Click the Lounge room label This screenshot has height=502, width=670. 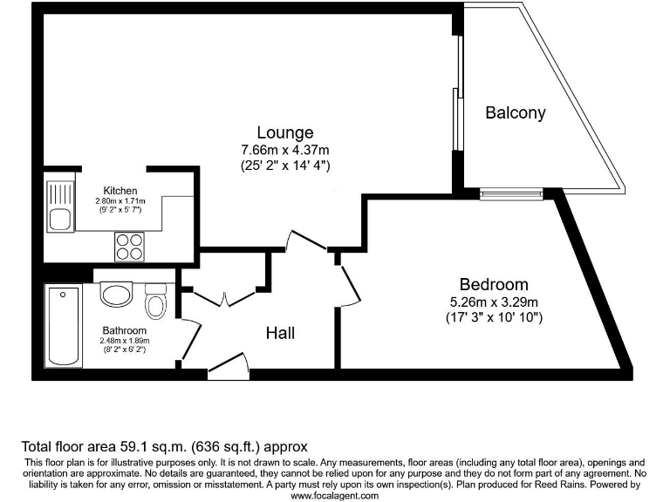(x=285, y=132)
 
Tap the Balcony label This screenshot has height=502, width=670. (x=516, y=112)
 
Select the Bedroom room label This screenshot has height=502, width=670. (x=494, y=284)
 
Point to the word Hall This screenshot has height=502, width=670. (x=280, y=333)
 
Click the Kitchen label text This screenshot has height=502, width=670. (x=120, y=191)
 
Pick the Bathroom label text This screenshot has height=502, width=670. (x=124, y=330)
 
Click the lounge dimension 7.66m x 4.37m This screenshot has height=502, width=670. (x=285, y=149)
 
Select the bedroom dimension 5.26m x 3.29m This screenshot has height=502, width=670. (x=494, y=302)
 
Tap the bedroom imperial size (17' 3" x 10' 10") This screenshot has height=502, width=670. (x=494, y=317)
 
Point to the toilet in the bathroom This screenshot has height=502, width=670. (x=156, y=302)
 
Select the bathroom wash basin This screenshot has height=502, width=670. (x=115, y=295)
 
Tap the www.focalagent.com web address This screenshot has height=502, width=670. (x=334, y=495)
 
